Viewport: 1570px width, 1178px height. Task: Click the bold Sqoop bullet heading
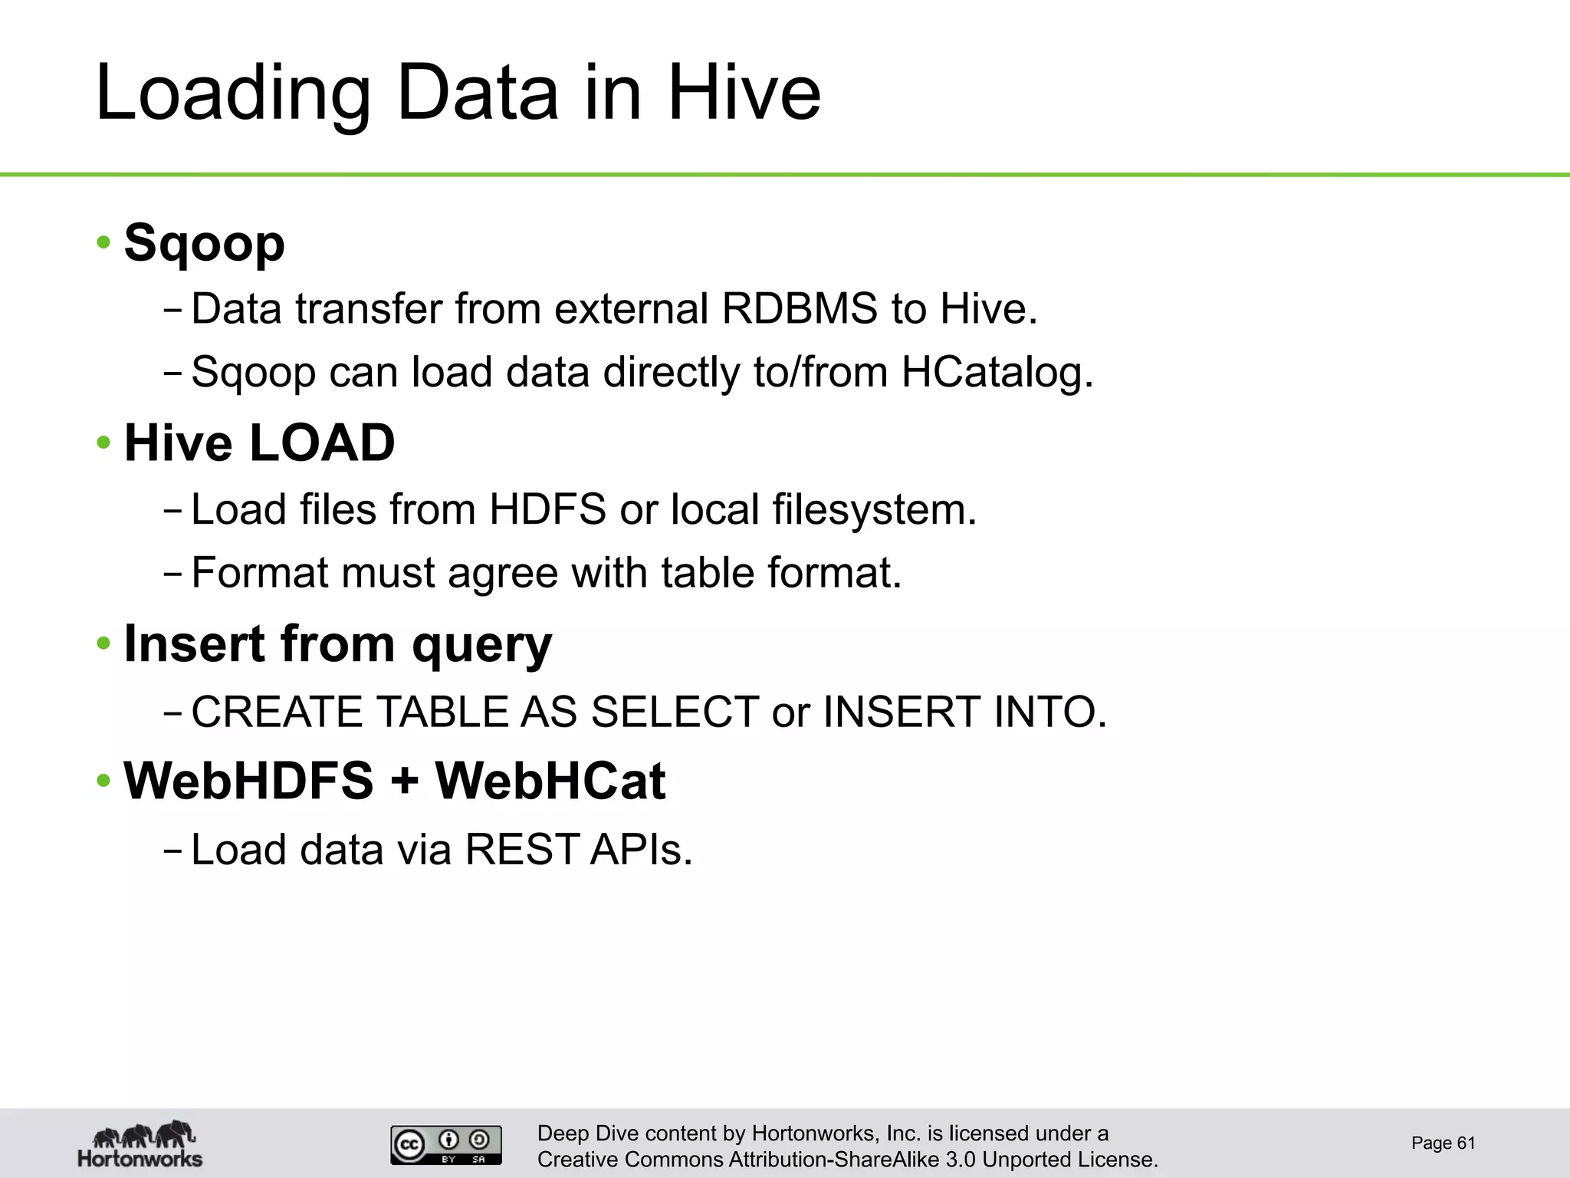pos(204,243)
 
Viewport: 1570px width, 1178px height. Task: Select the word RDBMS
pos(799,309)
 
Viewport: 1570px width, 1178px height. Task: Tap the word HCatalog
pos(997,373)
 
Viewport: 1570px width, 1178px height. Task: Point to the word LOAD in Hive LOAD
pos(322,443)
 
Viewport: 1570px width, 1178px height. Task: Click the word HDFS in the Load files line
pos(548,509)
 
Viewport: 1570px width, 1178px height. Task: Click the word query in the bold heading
pos(481,645)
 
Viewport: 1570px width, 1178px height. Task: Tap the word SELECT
pos(675,712)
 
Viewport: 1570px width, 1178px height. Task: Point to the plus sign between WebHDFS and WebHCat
pos(404,782)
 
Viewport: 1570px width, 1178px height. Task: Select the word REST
pos(521,850)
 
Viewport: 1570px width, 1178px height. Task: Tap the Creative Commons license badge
pos(446,1145)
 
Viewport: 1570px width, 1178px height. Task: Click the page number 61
pos(1466,1143)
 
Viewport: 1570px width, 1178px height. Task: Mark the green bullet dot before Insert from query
pos(103,643)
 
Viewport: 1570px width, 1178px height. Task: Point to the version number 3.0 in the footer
pos(961,1160)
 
